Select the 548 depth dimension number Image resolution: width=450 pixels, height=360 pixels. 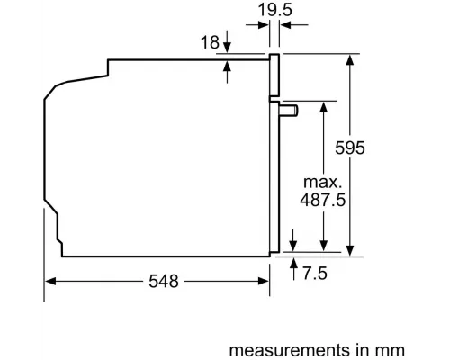pyautogui.click(x=159, y=281)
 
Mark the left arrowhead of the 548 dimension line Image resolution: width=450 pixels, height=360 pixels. pyautogui.click(x=50, y=282)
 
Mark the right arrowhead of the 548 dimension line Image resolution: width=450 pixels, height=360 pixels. pyautogui.click(x=266, y=282)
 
